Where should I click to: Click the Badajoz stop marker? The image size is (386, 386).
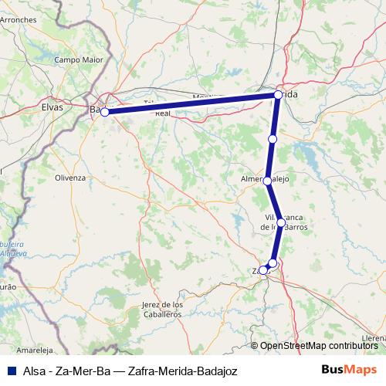tap(104, 112)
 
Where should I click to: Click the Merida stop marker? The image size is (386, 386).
tap(278, 95)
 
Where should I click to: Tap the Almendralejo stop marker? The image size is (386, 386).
tap(267, 181)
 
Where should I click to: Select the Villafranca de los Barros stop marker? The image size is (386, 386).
tap(281, 222)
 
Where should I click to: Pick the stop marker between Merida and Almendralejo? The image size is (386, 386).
tap(272, 139)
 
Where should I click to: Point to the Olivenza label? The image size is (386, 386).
tap(69, 177)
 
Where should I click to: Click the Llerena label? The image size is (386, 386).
tap(373, 337)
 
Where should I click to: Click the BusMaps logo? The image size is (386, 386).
tap(349, 371)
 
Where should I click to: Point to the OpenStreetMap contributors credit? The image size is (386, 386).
tap(319, 346)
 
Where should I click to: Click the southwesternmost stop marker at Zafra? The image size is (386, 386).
tap(263, 270)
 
